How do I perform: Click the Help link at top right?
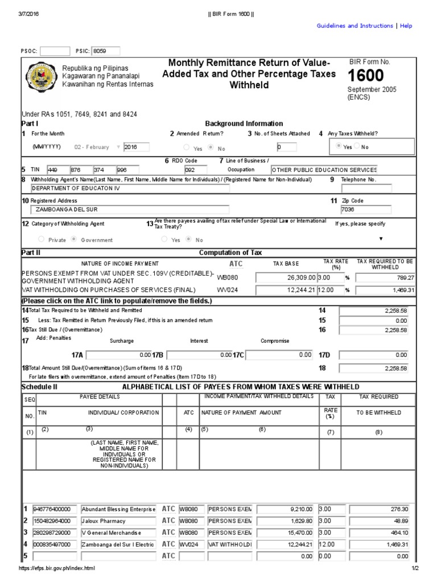(406, 26)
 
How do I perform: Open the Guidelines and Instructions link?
(354, 26)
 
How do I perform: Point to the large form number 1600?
(365, 75)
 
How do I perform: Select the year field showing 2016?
(136, 147)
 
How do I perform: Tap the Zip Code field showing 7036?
(366, 210)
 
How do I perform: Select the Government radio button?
(75, 240)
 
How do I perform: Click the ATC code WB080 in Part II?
(226, 277)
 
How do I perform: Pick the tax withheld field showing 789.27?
(382, 278)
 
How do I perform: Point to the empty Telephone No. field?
(374, 188)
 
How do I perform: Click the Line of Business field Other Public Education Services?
(323, 170)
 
